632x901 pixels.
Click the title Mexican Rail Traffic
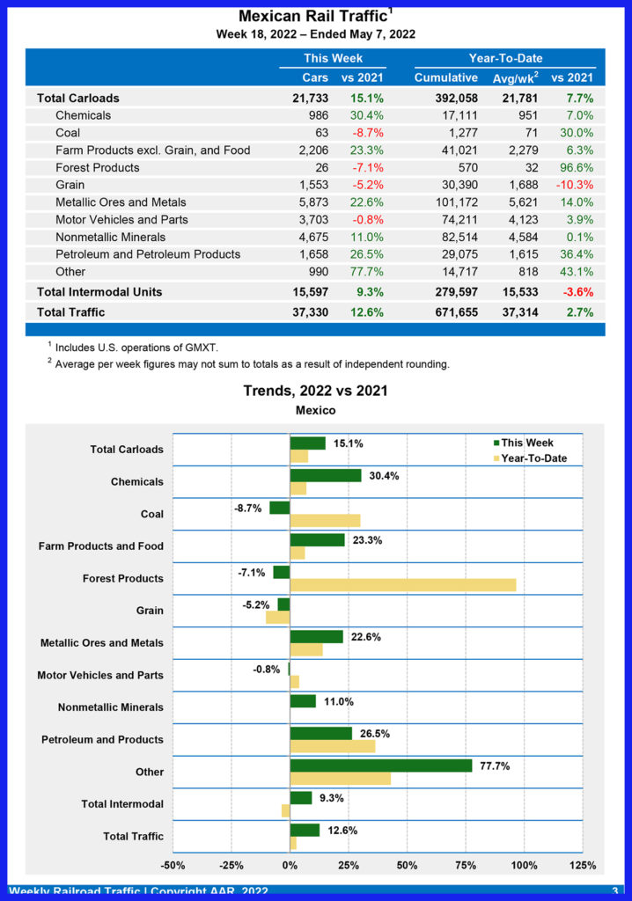[312, 17]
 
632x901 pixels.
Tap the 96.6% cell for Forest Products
[574, 167]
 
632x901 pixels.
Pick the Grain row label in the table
[71, 185]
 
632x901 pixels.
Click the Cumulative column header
[445, 77]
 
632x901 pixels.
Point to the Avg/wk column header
[513, 77]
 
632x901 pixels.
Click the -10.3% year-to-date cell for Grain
[572, 185]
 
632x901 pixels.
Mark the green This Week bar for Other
[381, 765]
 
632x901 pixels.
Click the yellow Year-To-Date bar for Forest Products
[403, 585]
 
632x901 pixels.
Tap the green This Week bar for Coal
[280, 508]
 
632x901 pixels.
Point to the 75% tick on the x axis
[466, 866]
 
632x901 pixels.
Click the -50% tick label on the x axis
[173, 866]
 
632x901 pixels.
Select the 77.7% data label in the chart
[496, 765]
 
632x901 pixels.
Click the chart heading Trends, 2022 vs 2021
[315, 391]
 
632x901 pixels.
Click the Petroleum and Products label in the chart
[102, 739]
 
